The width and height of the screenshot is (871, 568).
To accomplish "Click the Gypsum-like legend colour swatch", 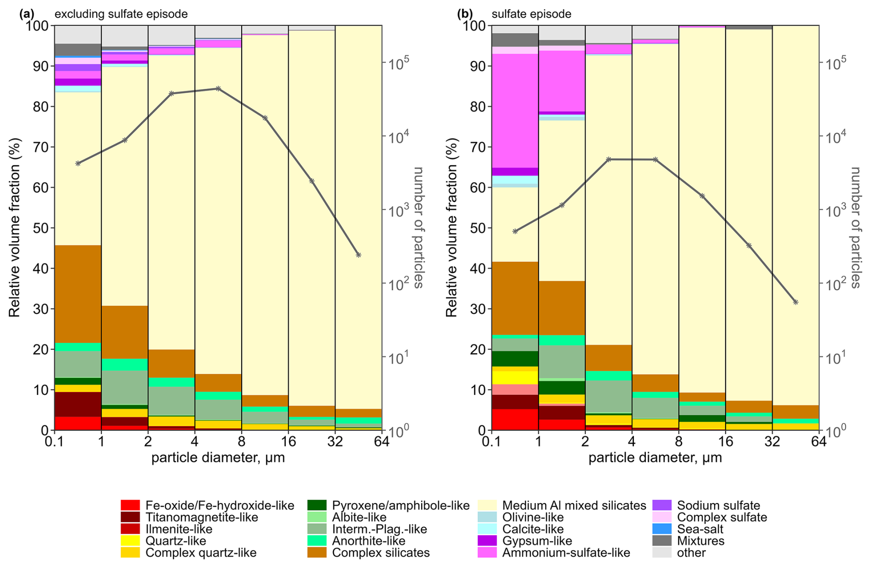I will pyautogui.click(x=487, y=541).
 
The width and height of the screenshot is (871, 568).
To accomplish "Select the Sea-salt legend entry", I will pyautogui.click(x=700, y=529).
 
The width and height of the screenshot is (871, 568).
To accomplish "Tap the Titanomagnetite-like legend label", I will pyautogui.click(x=202, y=517).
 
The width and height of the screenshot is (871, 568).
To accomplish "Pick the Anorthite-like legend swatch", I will pyautogui.click(x=317, y=541).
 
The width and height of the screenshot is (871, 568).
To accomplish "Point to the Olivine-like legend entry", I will pyautogui.click(x=533, y=517).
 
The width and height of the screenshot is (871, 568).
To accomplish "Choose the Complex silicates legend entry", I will pyautogui.click(x=381, y=552).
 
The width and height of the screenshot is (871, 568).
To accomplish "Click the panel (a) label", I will pyautogui.click(x=27, y=14).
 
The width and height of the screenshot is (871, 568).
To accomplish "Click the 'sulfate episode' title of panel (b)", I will pyautogui.click(x=531, y=14).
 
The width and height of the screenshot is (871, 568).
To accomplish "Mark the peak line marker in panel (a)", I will pyautogui.click(x=218, y=88).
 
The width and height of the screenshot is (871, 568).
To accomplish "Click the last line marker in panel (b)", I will pyautogui.click(x=796, y=302).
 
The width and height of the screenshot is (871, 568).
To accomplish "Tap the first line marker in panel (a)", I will pyautogui.click(x=78, y=163).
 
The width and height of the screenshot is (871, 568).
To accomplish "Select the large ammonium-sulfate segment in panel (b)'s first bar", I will pyautogui.click(x=515, y=110).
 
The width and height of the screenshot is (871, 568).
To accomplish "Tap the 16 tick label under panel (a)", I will pyautogui.click(x=288, y=442).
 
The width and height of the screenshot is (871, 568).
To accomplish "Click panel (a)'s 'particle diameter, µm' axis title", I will pyautogui.click(x=218, y=458).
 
